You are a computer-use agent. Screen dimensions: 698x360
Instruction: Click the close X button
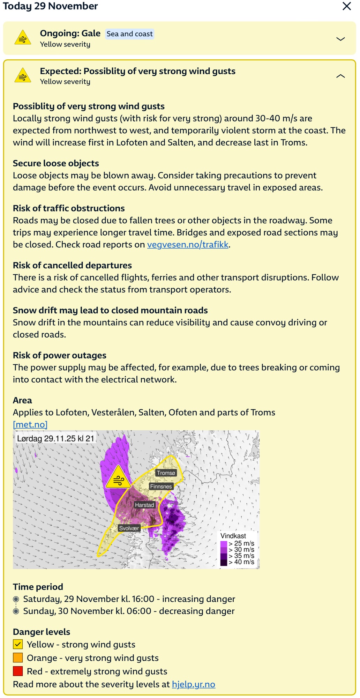coord(346,6)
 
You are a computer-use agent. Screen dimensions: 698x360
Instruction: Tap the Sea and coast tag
coord(129,34)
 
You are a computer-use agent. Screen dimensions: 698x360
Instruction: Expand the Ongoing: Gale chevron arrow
coord(340,39)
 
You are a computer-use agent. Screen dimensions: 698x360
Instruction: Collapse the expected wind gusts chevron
coord(340,76)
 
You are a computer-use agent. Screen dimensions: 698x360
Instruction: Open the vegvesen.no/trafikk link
coord(188,245)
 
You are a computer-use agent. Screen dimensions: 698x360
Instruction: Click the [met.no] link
coord(30,424)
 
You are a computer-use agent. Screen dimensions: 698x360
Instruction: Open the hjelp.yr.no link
coord(193,684)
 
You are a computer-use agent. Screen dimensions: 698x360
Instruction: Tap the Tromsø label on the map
coord(166,473)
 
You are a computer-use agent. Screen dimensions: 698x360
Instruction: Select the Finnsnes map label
coord(161,486)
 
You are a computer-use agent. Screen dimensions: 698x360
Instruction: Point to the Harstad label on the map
coord(144,505)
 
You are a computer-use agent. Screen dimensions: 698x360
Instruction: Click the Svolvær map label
coord(129,528)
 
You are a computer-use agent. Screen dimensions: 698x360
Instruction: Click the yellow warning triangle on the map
coord(118,478)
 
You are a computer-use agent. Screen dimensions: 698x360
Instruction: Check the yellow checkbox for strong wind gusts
coord(18,644)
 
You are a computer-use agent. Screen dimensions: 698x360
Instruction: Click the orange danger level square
coord(18,658)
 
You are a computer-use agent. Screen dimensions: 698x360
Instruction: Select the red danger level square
coord(18,671)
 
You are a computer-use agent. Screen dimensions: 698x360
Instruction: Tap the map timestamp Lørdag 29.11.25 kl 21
coord(56,438)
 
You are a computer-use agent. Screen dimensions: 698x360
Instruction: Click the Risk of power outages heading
coord(60,355)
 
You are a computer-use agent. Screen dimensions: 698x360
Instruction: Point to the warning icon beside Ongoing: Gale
coord(23,38)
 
